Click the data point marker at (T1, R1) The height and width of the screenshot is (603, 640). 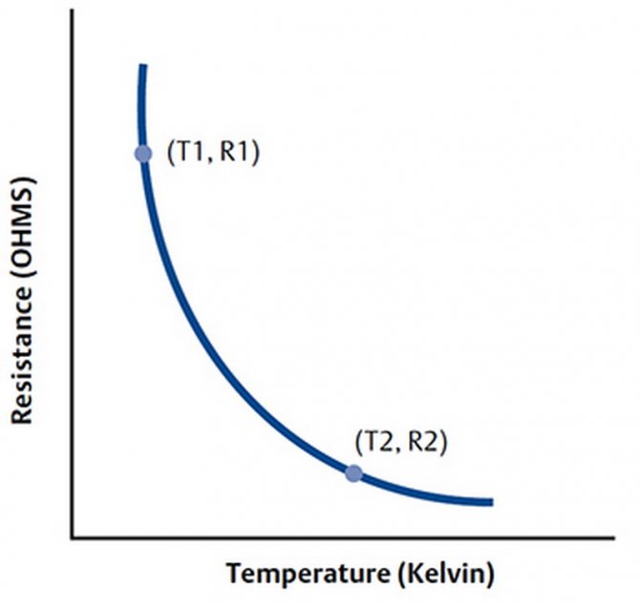click(143, 154)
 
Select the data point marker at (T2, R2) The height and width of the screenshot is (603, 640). click(353, 472)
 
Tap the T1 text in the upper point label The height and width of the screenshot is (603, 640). click(188, 154)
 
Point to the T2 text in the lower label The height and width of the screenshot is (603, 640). click(375, 443)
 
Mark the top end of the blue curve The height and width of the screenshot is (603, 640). click(142, 65)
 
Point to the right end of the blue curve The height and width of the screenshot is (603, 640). click(491, 502)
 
